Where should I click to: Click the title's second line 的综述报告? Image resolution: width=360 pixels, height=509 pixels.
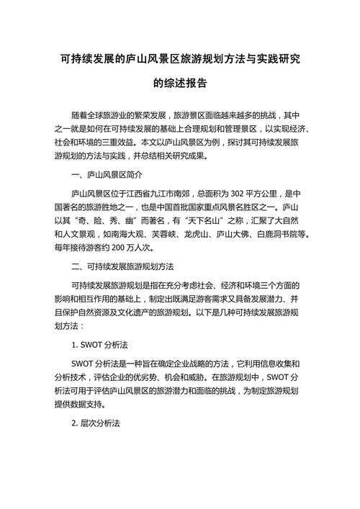click(179, 83)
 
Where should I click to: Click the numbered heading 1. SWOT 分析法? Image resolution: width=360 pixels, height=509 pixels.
click(99, 344)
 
